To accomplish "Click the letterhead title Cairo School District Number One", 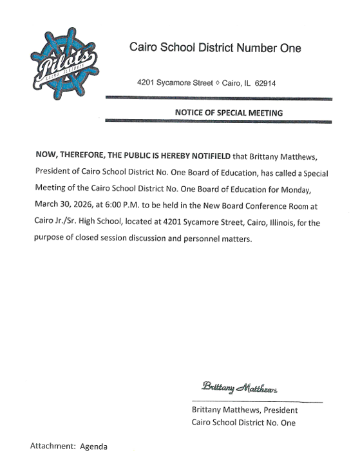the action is click(x=215, y=48).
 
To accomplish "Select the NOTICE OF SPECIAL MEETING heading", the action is click(x=229, y=112).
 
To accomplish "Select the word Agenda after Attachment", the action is click(x=93, y=446).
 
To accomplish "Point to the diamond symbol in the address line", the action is click(x=217, y=84).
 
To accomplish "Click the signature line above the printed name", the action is click(x=256, y=402).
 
